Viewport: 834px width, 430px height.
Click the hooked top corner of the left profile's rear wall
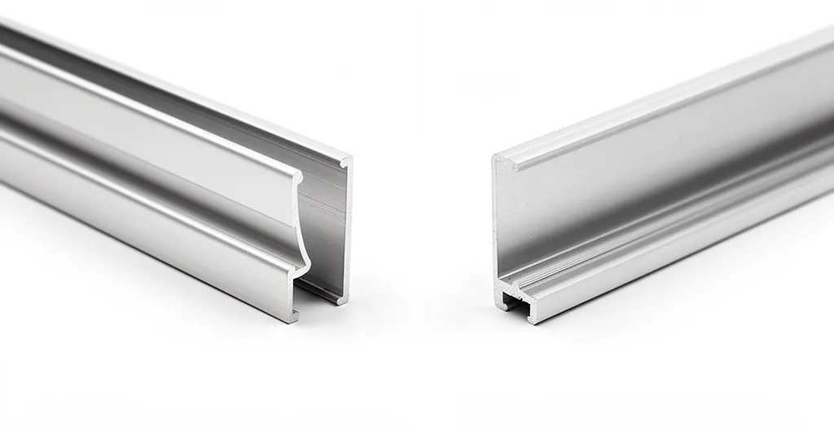click(346, 162)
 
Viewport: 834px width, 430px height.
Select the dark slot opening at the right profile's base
click(511, 301)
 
